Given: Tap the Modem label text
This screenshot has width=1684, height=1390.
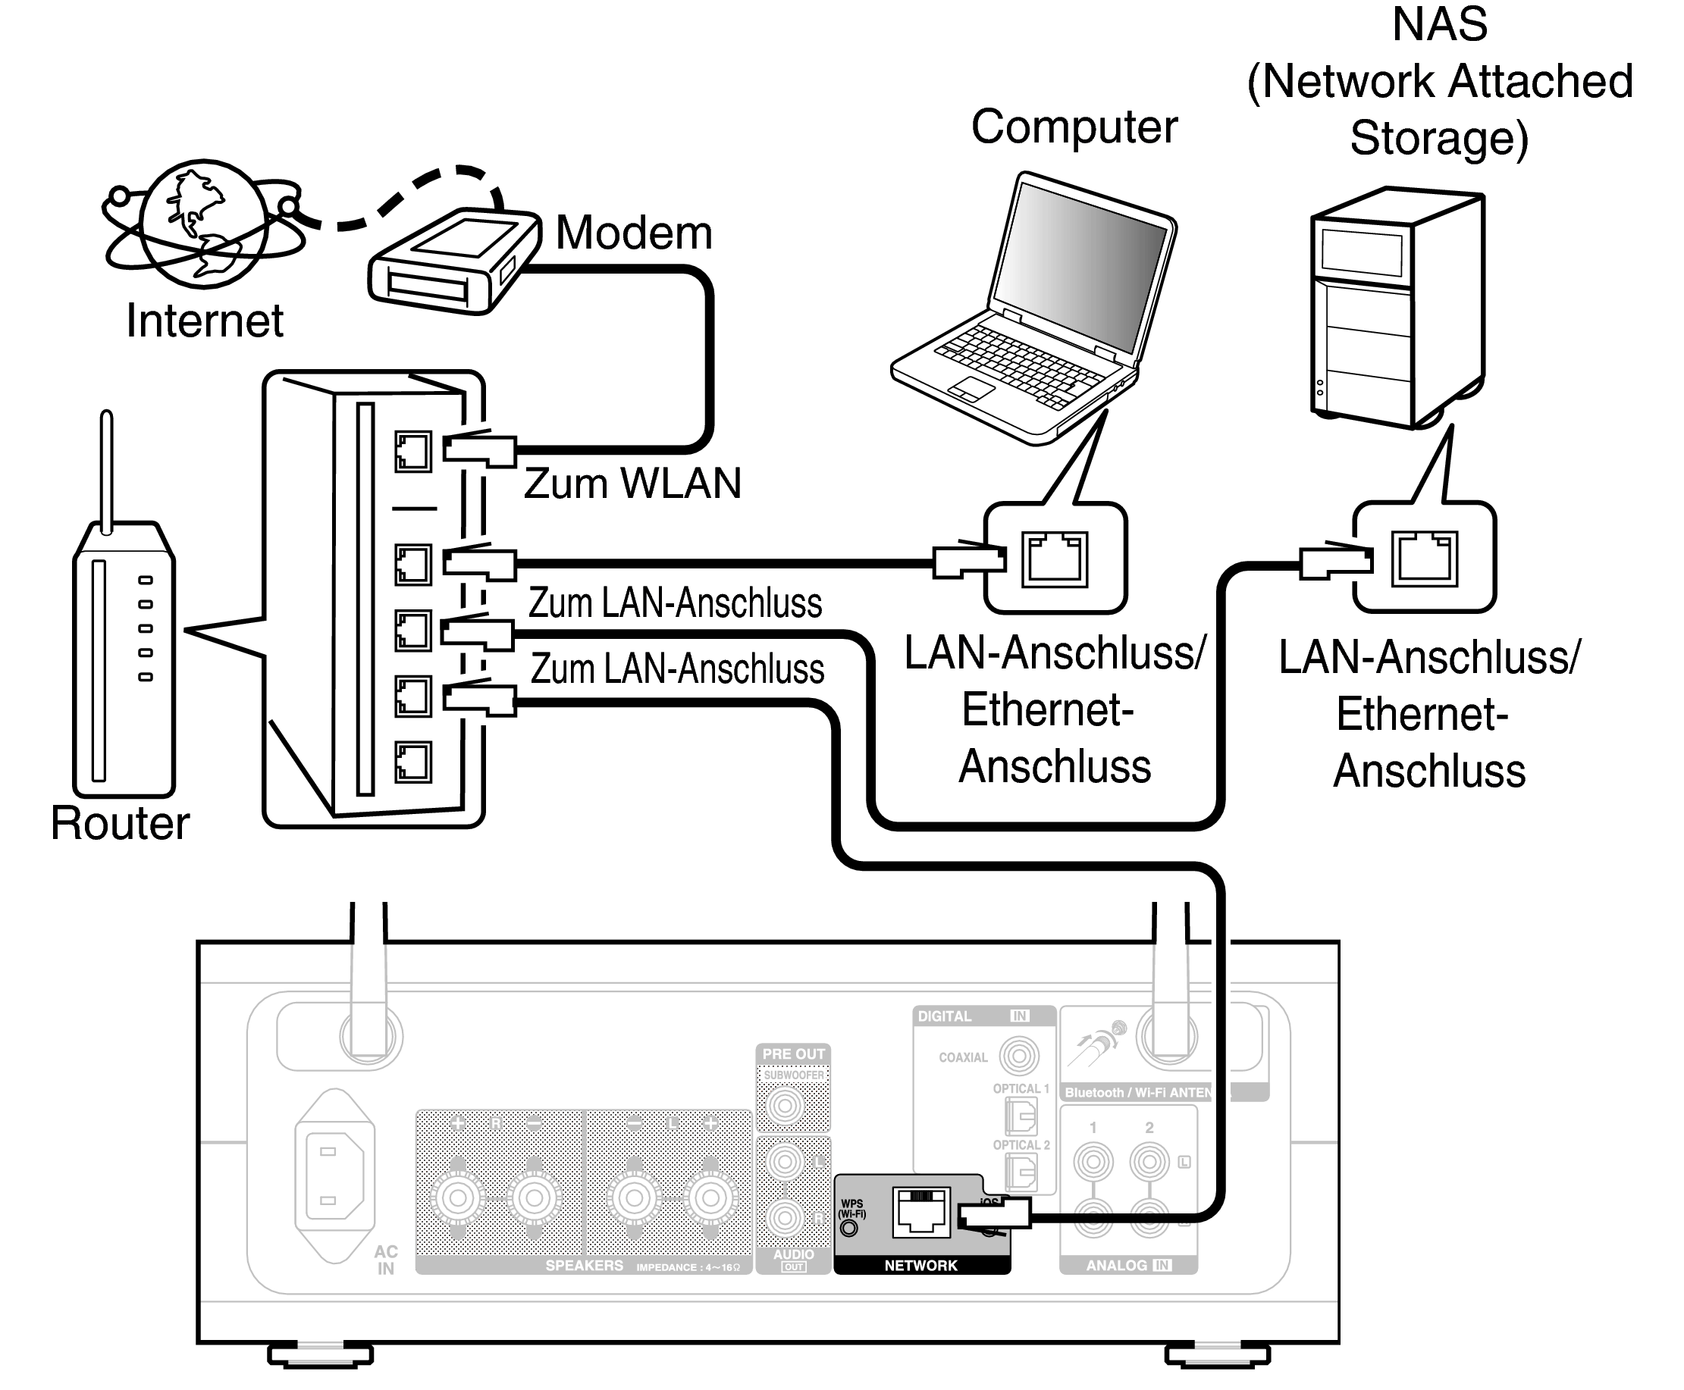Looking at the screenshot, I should [633, 233].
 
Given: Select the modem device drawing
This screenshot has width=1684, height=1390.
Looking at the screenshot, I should [453, 261].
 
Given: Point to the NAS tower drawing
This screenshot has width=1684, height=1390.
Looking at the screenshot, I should [1398, 308].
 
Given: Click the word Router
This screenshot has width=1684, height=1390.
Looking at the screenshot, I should [120, 823].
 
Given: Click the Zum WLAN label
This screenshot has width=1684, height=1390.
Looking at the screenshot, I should [633, 484].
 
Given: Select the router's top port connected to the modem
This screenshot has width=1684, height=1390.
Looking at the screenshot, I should [412, 452].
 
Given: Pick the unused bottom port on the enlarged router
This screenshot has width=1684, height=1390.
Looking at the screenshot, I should [412, 762].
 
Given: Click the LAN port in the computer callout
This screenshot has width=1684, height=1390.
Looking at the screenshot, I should [1055, 559].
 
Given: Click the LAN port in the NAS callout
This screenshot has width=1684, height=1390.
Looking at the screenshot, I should [1425, 558].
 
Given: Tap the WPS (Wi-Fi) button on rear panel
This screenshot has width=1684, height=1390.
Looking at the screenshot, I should [849, 1228].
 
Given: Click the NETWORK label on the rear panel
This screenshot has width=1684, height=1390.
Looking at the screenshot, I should [920, 1266].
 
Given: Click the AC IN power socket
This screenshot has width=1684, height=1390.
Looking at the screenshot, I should [335, 1176].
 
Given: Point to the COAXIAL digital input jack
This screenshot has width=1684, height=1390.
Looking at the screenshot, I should [1018, 1057].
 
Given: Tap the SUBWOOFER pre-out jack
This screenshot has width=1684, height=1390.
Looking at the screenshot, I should [785, 1107].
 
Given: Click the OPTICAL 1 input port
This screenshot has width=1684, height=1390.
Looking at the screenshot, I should [1021, 1116].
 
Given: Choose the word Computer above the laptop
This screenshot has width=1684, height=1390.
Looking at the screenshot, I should [1074, 127].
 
